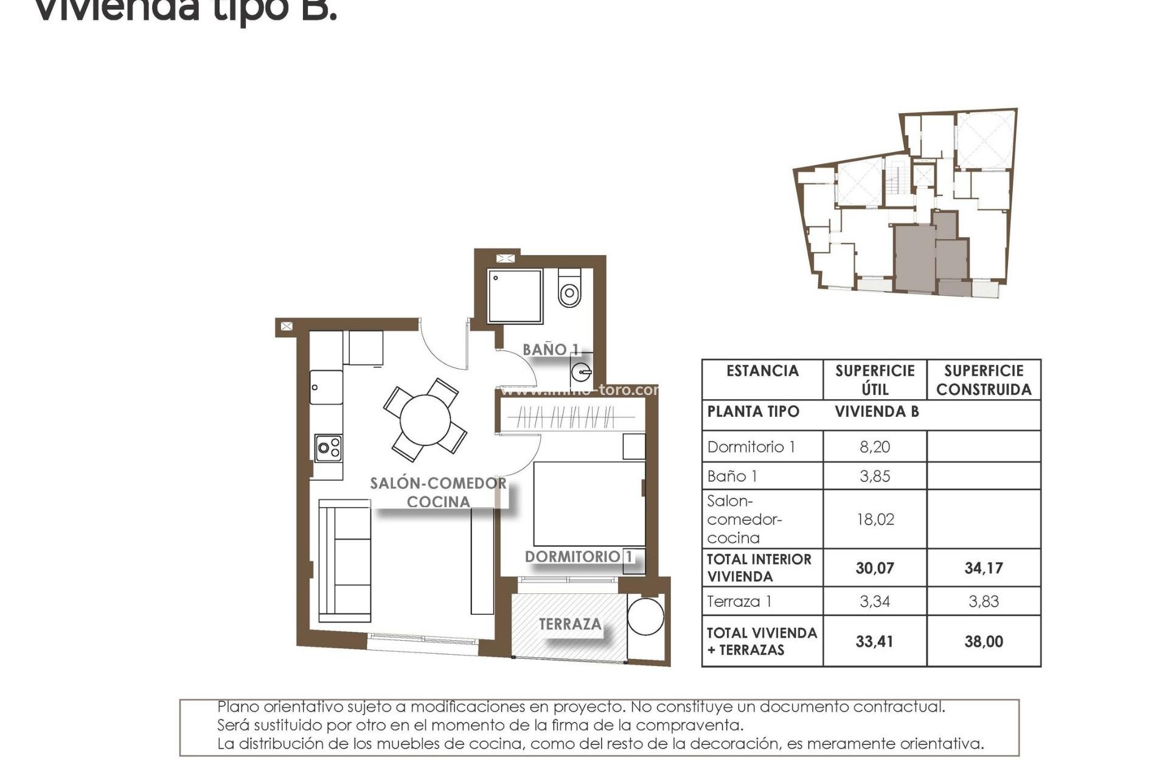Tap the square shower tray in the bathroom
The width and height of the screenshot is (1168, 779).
pos(514,296)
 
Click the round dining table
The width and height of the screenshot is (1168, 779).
pos(425,420)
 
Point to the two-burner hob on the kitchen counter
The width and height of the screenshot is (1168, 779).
pos(328,449)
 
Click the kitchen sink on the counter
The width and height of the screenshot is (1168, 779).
pos(325,387)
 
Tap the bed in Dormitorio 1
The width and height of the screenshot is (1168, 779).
pos(589,504)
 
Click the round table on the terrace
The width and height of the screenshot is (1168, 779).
pos(645,617)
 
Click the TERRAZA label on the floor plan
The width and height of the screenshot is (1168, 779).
pos(570,624)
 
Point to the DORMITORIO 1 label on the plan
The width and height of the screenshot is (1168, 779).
pos(579,556)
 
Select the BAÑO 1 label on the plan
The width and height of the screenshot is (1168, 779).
pos(551,349)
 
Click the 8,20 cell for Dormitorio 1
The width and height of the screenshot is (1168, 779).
pos(874,447)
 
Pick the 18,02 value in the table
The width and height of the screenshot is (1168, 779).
pos(874,519)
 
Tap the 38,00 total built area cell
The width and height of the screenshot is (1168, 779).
pos(983,641)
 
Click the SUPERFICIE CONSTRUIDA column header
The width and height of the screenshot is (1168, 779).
pos(983,380)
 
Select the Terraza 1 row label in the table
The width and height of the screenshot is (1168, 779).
pos(739,601)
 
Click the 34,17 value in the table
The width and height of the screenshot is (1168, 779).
pos(983,568)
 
